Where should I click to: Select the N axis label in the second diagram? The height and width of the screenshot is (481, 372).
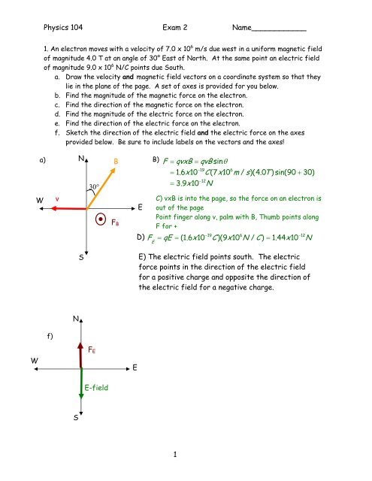[77, 319]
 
